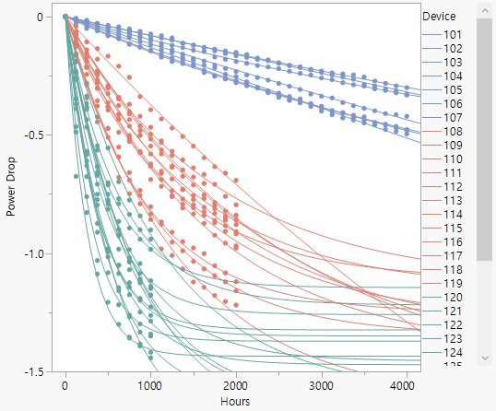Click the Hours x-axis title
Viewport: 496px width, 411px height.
236,402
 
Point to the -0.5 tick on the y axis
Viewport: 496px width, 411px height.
31,135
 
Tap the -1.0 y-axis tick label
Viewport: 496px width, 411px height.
31,253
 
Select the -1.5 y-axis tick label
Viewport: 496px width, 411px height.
31,371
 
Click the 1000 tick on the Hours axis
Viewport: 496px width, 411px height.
150,385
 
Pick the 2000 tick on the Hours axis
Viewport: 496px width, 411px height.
236,385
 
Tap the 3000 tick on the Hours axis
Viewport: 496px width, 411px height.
322,385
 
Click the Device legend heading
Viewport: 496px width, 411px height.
439,17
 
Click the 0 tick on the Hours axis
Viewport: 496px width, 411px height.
65,385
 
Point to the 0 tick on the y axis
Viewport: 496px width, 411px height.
40,17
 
